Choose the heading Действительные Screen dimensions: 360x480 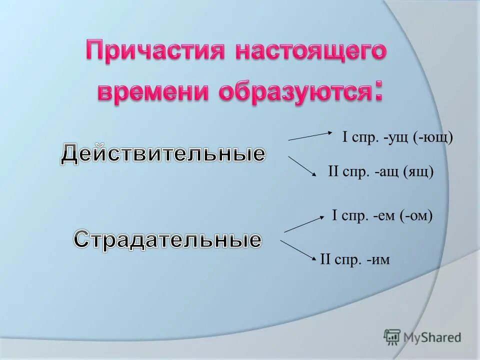tap(163, 153)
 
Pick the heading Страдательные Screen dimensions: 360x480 tap(167, 239)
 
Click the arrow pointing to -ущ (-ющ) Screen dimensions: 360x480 tap(311, 136)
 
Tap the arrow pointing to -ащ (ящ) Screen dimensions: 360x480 tap(303, 166)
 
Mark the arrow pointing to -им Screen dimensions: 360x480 tap(299, 249)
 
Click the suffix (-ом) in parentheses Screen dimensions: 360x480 tap(415, 215)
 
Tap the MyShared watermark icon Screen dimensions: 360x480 tap(392, 337)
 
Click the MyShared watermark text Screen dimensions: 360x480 tap(433, 337)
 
